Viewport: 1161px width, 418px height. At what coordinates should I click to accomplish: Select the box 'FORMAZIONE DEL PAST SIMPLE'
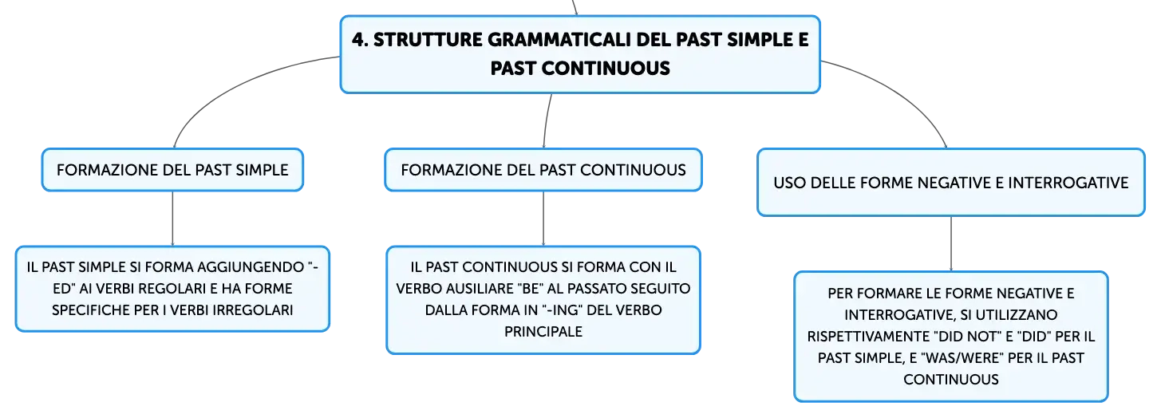(172, 170)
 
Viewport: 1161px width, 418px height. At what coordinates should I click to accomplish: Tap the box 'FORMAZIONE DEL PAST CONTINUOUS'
(543, 170)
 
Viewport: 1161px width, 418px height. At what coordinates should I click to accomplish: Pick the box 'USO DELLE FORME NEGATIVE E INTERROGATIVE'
(951, 183)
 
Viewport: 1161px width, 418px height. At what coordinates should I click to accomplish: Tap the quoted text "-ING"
(562, 310)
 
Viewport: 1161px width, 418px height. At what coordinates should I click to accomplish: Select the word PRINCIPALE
(543, 332)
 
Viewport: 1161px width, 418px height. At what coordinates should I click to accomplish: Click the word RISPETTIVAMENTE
(867, 337)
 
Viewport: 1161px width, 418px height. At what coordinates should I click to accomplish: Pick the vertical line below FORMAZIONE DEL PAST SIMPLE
(172, 219)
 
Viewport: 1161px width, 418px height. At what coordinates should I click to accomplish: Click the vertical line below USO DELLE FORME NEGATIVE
(951, 243)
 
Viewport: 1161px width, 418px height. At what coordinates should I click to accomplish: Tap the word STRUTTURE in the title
(428, 40)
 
